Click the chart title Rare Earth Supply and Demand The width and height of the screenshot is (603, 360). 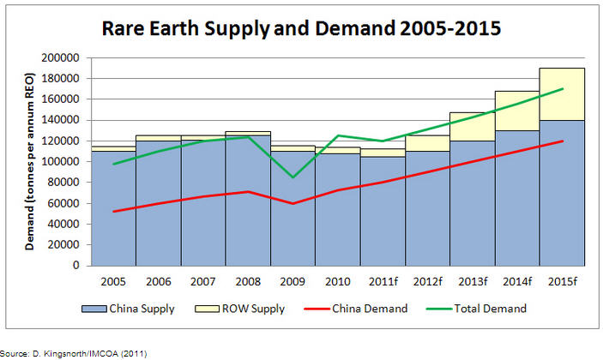[300, 29]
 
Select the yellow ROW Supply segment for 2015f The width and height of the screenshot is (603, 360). [562, 94]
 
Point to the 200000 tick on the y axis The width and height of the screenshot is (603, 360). [61, 57]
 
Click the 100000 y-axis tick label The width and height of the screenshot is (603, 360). [61, 161]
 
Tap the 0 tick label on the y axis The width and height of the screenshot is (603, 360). [75, 266]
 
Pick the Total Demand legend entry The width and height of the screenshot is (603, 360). [491, 308]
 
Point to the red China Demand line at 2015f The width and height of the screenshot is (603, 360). [562, 141]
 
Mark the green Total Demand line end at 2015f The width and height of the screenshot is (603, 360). [562, 88]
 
